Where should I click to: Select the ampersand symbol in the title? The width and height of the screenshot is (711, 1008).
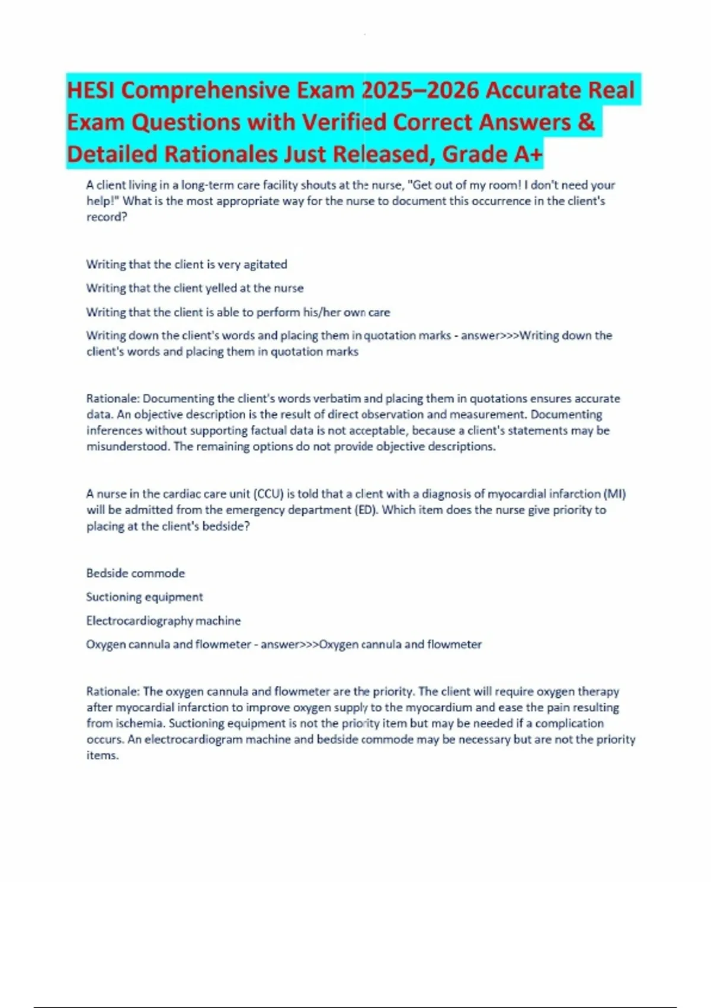click(x=585, y=122)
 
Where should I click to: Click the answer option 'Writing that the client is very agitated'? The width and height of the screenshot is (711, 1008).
click(x=187, y=264)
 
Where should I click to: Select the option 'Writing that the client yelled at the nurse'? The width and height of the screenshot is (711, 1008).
click(x=195, y=288)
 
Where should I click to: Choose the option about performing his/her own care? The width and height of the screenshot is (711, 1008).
click(x=238, y=312)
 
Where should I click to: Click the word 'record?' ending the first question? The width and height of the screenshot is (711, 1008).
click(x=107, y=217)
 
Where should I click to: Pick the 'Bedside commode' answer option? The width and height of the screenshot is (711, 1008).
click(x=136, y=573)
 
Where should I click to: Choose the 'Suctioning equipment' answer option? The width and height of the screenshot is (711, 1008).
click(x=145, y=597)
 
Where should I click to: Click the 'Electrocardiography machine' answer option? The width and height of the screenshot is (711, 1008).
click(x=164, y=621)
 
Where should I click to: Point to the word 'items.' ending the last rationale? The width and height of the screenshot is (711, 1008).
click(x=103, y=755)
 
